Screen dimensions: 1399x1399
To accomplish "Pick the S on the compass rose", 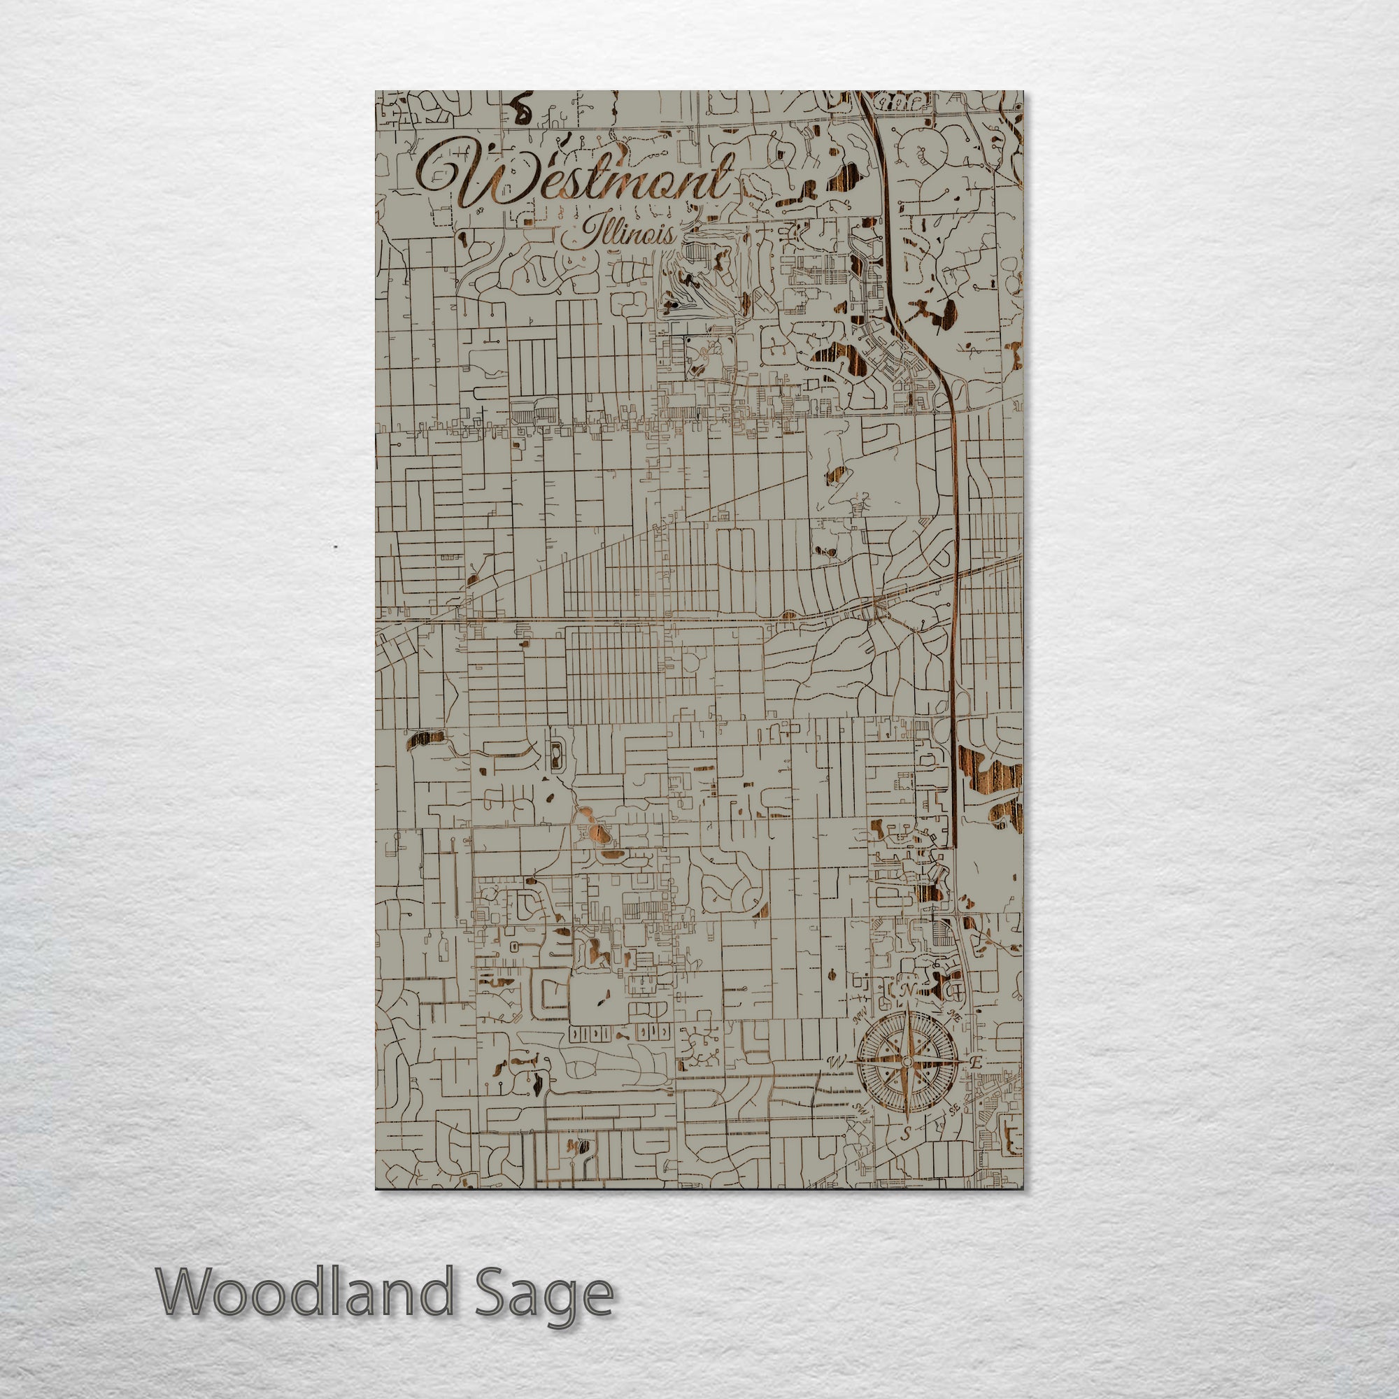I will point(905,1156).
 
